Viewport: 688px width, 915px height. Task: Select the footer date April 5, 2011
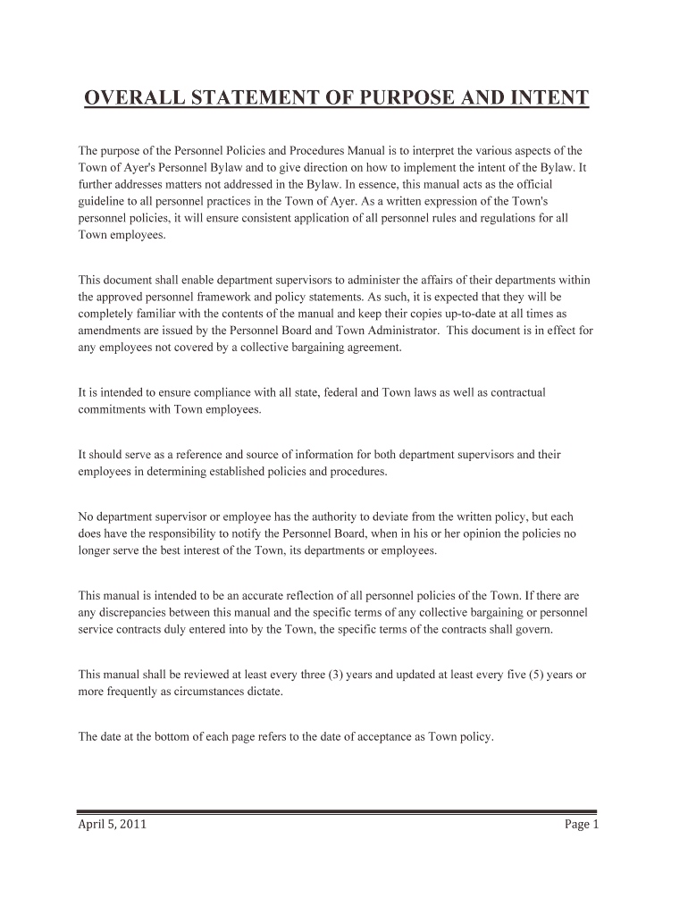tap(113, 825)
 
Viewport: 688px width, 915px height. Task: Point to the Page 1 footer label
tap(581, 825)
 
